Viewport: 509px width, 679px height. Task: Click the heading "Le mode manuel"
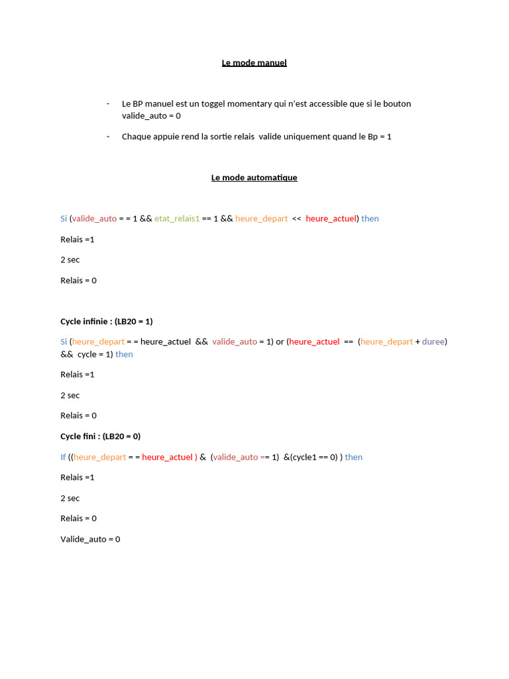tap(254, 63)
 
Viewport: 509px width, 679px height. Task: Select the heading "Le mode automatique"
tap(254, 178)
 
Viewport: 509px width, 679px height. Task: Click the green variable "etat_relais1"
tap(177, 219)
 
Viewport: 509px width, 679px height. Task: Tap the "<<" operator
tap(296, 219)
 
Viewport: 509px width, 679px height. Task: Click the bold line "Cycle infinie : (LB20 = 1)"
tap(106, 322)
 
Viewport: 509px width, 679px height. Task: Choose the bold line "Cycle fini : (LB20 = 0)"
tap(100, 436)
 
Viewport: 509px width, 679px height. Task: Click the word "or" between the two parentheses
tap(280, 342)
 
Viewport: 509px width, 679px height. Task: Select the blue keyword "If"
tap(63, 458)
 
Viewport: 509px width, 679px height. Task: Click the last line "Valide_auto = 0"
tap(90, 540)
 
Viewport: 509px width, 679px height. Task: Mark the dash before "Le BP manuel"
tap(107, 104)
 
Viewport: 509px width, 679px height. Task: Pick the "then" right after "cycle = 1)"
tap(124, 355)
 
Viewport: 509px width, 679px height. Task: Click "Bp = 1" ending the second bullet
tap(380, 137)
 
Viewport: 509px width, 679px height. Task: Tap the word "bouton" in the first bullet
tap(398, 104)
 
